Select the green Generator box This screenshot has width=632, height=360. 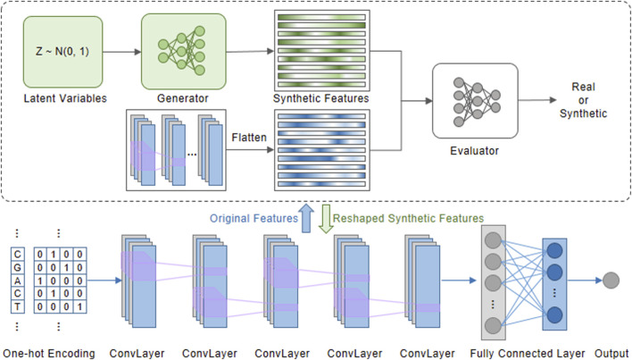[183, 51]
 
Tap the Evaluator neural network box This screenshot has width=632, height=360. [475, 101]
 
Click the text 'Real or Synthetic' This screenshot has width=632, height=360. [583, 100]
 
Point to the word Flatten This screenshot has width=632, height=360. [249, 138]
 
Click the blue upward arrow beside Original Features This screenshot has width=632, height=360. [306, 218]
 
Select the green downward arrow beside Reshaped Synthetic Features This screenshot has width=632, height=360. [326, 219]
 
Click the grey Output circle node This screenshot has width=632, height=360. [611, 280]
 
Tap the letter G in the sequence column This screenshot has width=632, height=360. [17, 267]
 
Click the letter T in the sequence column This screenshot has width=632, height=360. [17, 306]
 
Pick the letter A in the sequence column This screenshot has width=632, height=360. [17, 280]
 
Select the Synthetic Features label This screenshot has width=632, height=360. [321, 98]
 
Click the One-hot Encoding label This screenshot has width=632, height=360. [49, 354]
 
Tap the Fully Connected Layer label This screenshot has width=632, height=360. [528, 354]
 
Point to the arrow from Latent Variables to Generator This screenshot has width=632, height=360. [121, 52]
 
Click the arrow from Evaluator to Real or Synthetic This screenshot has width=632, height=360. [537, 100]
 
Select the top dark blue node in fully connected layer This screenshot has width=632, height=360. [554, 251]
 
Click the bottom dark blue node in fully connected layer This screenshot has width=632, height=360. [554, 314]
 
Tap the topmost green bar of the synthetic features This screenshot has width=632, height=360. [321, 17]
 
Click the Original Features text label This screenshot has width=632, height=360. [254, 219]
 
